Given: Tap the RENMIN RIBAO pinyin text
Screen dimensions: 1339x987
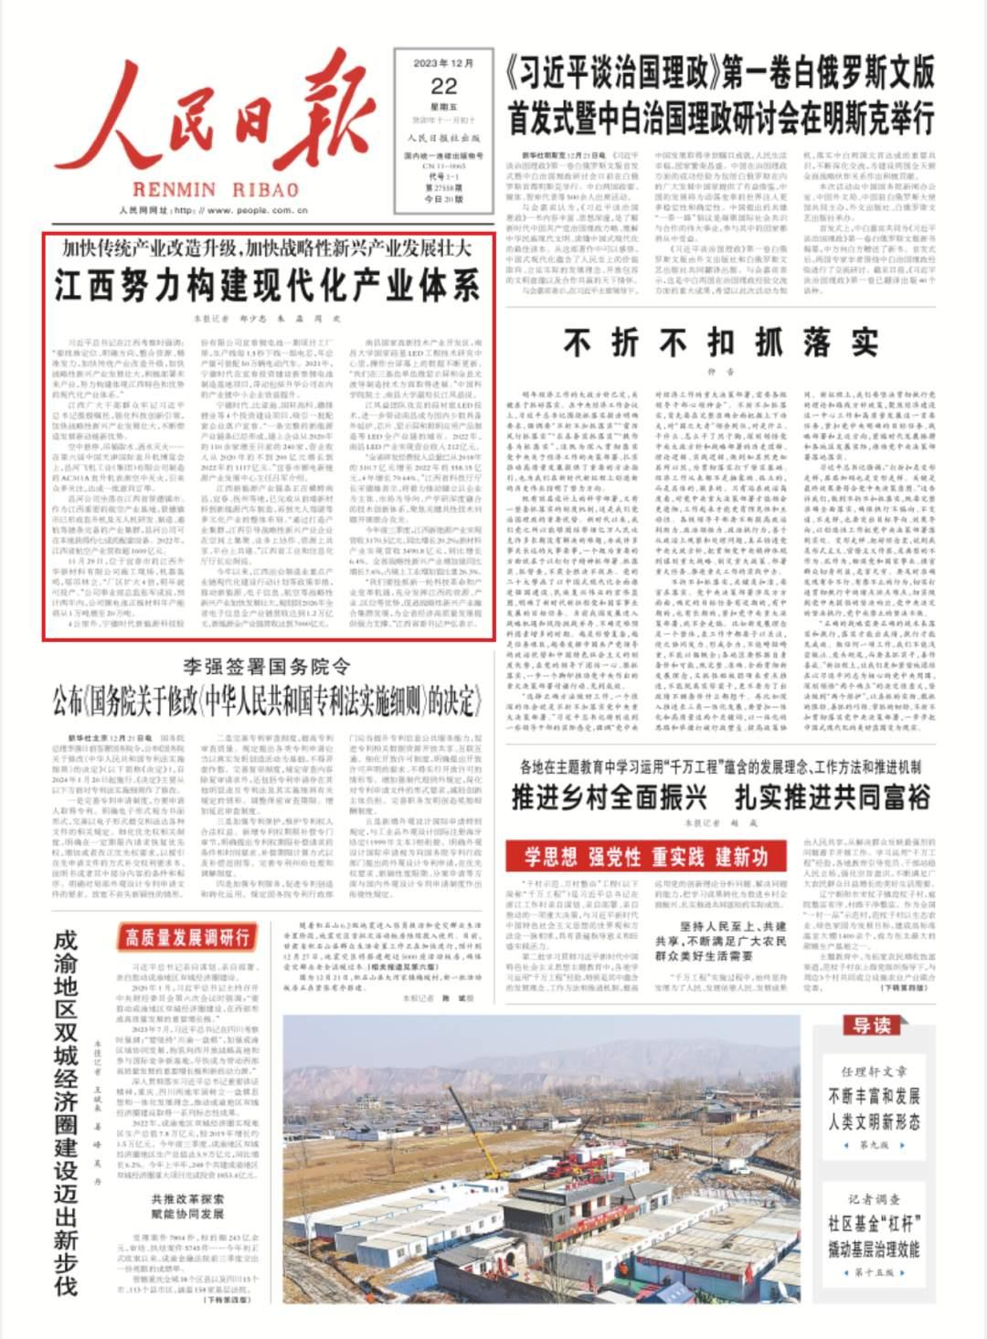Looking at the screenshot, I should coord(216,189).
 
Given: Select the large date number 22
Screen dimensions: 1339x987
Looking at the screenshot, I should coord(444,87).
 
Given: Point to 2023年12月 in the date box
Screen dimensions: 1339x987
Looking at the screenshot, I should coord(444,63).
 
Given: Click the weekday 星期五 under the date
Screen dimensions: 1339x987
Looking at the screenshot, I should coord(444,107).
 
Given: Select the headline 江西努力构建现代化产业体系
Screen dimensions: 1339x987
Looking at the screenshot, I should coord(267,286).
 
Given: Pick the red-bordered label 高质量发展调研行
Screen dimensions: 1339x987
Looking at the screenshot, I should coord(187,936).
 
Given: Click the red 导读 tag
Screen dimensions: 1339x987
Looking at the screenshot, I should coord(871,1026).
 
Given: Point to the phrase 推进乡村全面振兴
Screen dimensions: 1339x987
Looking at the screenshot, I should coord(609,797).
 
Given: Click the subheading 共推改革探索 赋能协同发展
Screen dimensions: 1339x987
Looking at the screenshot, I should coord(187,1206).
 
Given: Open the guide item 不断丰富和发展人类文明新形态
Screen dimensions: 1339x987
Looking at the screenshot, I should coord(874,1108).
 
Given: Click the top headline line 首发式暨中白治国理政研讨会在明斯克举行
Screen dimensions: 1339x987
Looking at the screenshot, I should coord(721,120).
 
